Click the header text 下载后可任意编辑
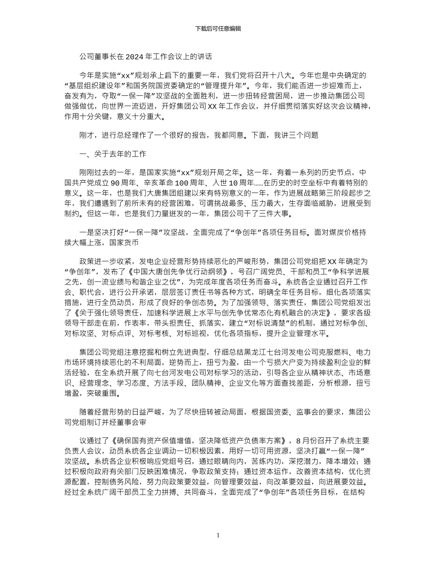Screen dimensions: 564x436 click(218, 28)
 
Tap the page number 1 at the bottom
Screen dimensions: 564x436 click(218, 535)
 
